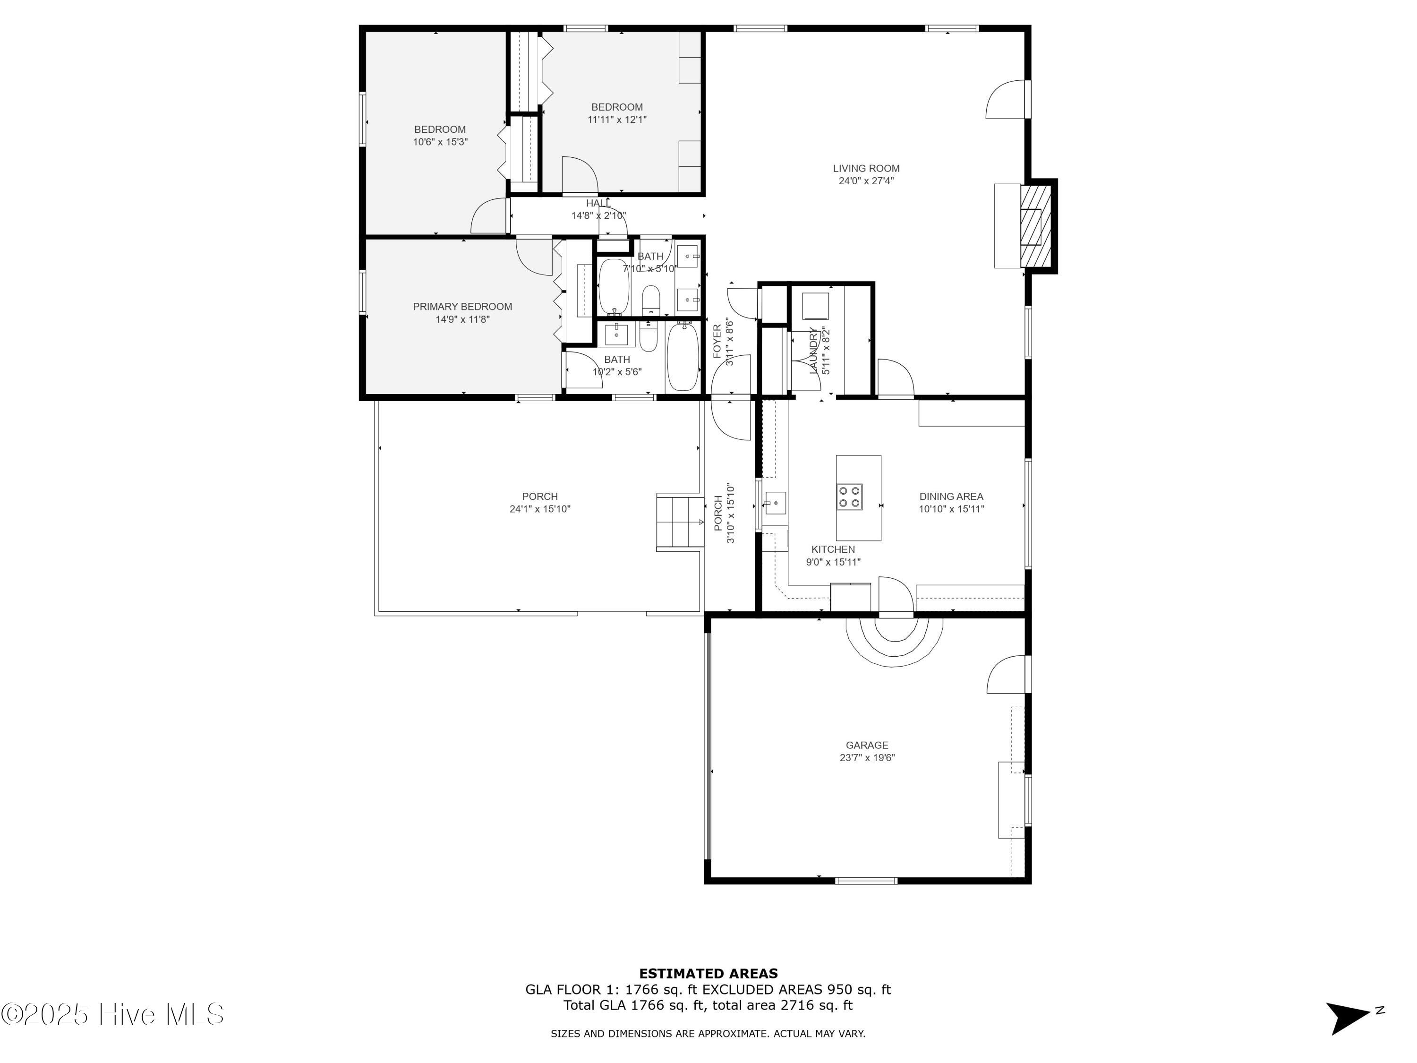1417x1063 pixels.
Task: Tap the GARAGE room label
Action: coord(867,745)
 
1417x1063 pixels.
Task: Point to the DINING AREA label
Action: coord(951,497)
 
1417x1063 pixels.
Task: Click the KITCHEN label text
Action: coord(833,549)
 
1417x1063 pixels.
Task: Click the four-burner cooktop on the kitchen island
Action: coord(849,497)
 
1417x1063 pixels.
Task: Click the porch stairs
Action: coord(680,522)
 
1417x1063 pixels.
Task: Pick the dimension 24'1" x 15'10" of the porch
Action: coord(540,509)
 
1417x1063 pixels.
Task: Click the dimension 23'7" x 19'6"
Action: coord(867,758)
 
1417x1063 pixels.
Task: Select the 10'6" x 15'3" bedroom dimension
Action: coord(440,142)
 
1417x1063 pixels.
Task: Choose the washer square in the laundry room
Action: coord(815,306)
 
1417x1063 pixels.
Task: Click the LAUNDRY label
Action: coord(813,351)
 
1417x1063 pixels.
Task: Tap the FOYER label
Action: coord(717,341)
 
